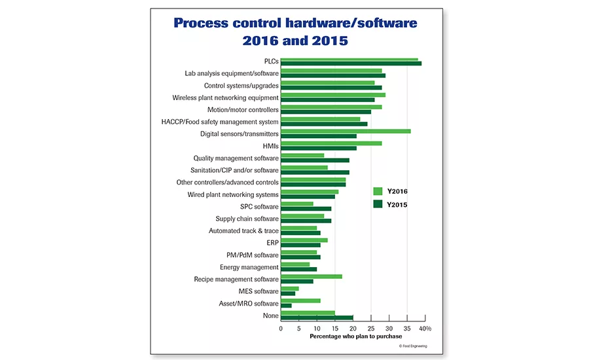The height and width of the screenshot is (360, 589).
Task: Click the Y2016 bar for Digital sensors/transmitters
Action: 346,131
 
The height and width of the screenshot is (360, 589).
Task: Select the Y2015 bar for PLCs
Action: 351,63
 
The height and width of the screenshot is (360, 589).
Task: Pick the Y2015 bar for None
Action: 317,317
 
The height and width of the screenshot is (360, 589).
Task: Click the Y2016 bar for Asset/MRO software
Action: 300,300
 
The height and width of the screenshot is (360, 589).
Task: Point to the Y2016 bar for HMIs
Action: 331,143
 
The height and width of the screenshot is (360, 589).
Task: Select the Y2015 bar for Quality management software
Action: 315,160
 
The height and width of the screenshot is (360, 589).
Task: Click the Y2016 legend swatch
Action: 378,191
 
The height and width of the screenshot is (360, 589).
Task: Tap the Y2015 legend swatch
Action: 378,204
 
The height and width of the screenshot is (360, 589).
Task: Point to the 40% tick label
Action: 425,328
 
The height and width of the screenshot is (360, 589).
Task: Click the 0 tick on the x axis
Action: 281,328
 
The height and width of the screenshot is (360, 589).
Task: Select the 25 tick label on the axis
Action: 371,328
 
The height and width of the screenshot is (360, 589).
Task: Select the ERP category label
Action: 272,243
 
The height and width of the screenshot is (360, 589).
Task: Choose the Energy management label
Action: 249,267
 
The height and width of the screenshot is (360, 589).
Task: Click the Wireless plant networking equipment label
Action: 225,98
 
